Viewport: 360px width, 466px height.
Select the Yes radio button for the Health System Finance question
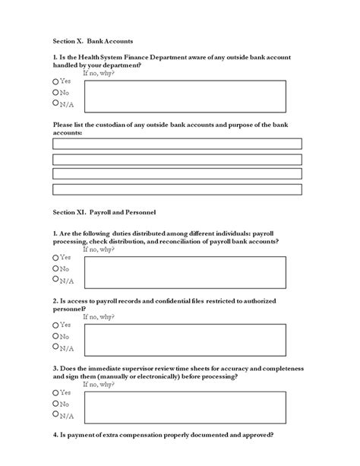(55, 81)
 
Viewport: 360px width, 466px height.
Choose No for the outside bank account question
(55, 91)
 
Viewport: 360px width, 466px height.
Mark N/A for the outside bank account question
(55, 103)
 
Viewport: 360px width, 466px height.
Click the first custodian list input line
(177, 144)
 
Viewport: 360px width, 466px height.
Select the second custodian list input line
(177, 159)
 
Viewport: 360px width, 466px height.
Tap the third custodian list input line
(177, 174)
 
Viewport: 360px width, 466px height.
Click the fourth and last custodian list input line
(177, 189)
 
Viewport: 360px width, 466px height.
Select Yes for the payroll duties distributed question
(55, 258)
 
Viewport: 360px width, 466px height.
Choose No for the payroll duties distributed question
(55, 268)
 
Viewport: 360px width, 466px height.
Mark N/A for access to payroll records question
(55, 347)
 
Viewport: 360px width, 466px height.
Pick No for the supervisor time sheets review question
(55, 404)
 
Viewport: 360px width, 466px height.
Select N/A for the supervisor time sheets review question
(55, 415)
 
